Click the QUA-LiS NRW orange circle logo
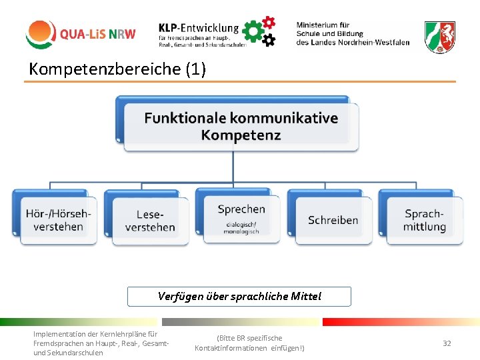40,34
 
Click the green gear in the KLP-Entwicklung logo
253,31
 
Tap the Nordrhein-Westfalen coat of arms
440,36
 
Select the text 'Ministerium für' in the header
323,25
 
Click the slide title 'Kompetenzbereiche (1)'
117,68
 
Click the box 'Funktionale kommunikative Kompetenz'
241,126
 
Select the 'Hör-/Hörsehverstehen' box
59,220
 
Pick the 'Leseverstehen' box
150,221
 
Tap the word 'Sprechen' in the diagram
241,209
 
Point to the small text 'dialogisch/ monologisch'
241,228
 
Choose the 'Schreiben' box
333,220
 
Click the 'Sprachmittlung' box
424,220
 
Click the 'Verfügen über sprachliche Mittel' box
239,296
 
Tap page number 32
447,343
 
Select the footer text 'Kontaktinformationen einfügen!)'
249,348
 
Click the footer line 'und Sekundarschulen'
68,353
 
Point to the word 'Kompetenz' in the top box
241,135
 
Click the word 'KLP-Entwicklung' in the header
199,28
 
